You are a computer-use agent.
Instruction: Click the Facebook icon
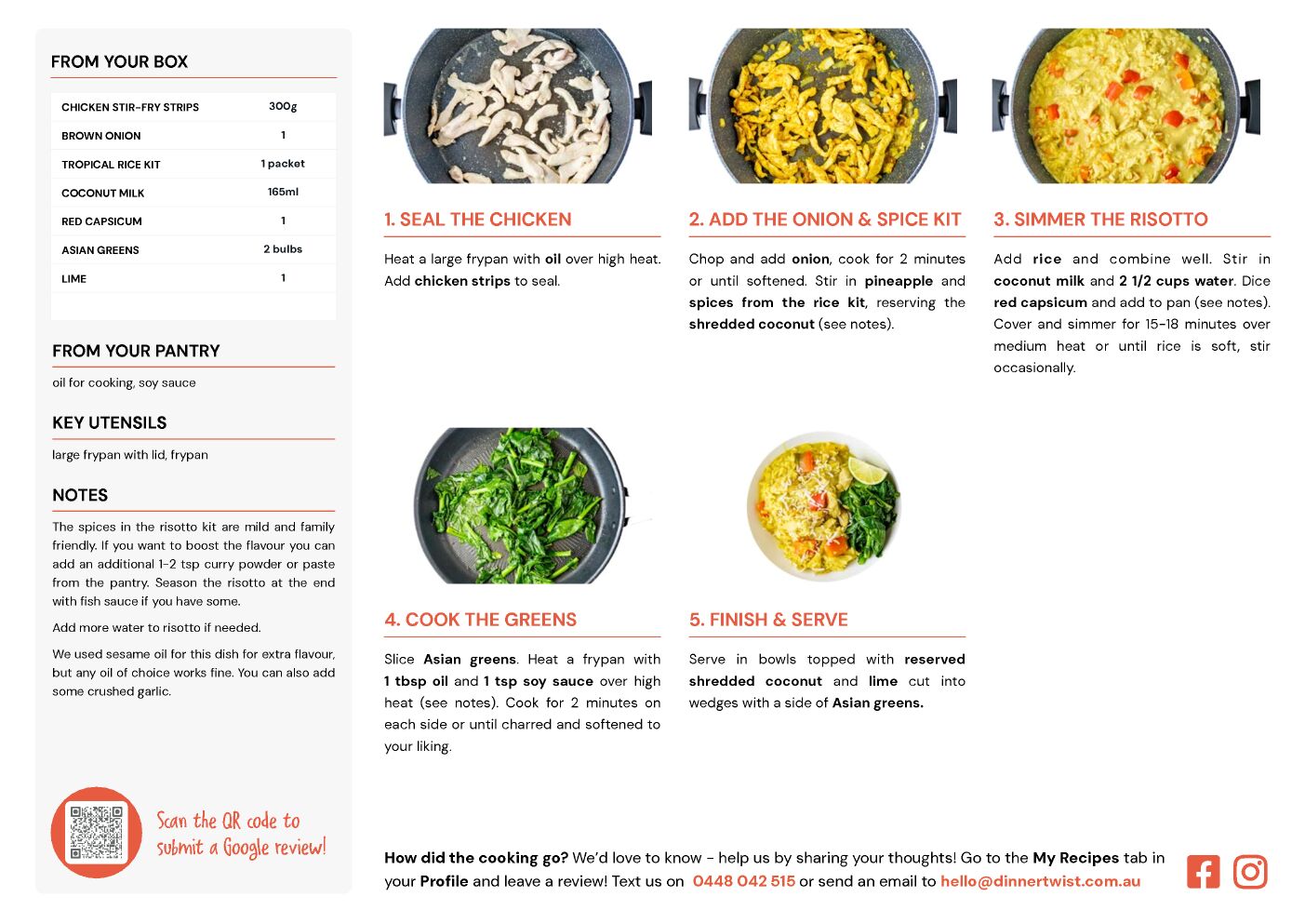coord(1203,871)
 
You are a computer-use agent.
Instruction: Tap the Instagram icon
coord(1250,871)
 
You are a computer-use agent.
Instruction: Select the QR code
coord(97,832)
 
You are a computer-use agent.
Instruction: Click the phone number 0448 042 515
coord(743,881)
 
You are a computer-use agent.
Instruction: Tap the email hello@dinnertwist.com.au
coord(1040,881)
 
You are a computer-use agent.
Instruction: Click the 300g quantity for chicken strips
coord(283,106)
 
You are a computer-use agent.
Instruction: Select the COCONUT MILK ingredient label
coord(102,193)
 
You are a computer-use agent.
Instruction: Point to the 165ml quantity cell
coord(283,192)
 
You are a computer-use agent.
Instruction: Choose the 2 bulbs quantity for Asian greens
coord(283,248)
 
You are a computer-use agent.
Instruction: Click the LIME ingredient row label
coord(74,278)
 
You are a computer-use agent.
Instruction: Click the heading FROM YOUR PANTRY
coord(136,351)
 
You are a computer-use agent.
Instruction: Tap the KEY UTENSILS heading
coord(110,422)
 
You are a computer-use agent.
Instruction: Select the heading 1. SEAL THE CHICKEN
coord(478,219)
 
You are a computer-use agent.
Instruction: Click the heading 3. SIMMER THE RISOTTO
coord(1100,219)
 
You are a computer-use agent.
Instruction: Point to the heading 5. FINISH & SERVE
coord(768,620)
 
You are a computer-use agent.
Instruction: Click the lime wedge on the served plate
coord(867,471)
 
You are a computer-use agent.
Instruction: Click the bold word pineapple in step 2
coord(899,281)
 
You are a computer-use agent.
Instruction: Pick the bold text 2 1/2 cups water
coord(1176,281)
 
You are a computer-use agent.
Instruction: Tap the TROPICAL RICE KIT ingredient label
coord(111,165)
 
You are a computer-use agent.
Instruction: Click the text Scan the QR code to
coord(228,821)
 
